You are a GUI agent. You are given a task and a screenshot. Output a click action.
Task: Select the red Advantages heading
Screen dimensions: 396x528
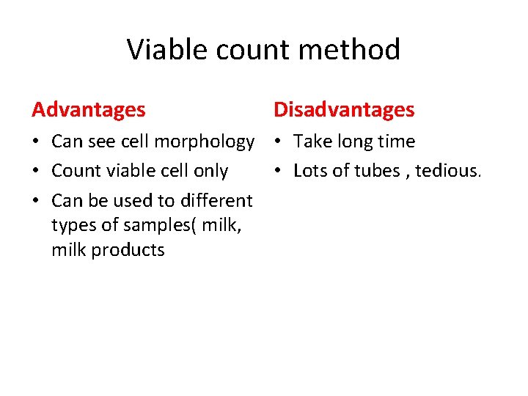pos(89,110)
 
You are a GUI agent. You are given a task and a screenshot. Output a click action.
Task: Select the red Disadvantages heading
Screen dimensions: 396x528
pos(344,110)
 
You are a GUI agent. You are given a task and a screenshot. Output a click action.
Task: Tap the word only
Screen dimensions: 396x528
pos(210,171)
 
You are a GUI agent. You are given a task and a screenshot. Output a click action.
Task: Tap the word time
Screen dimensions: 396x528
pos(397,142)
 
